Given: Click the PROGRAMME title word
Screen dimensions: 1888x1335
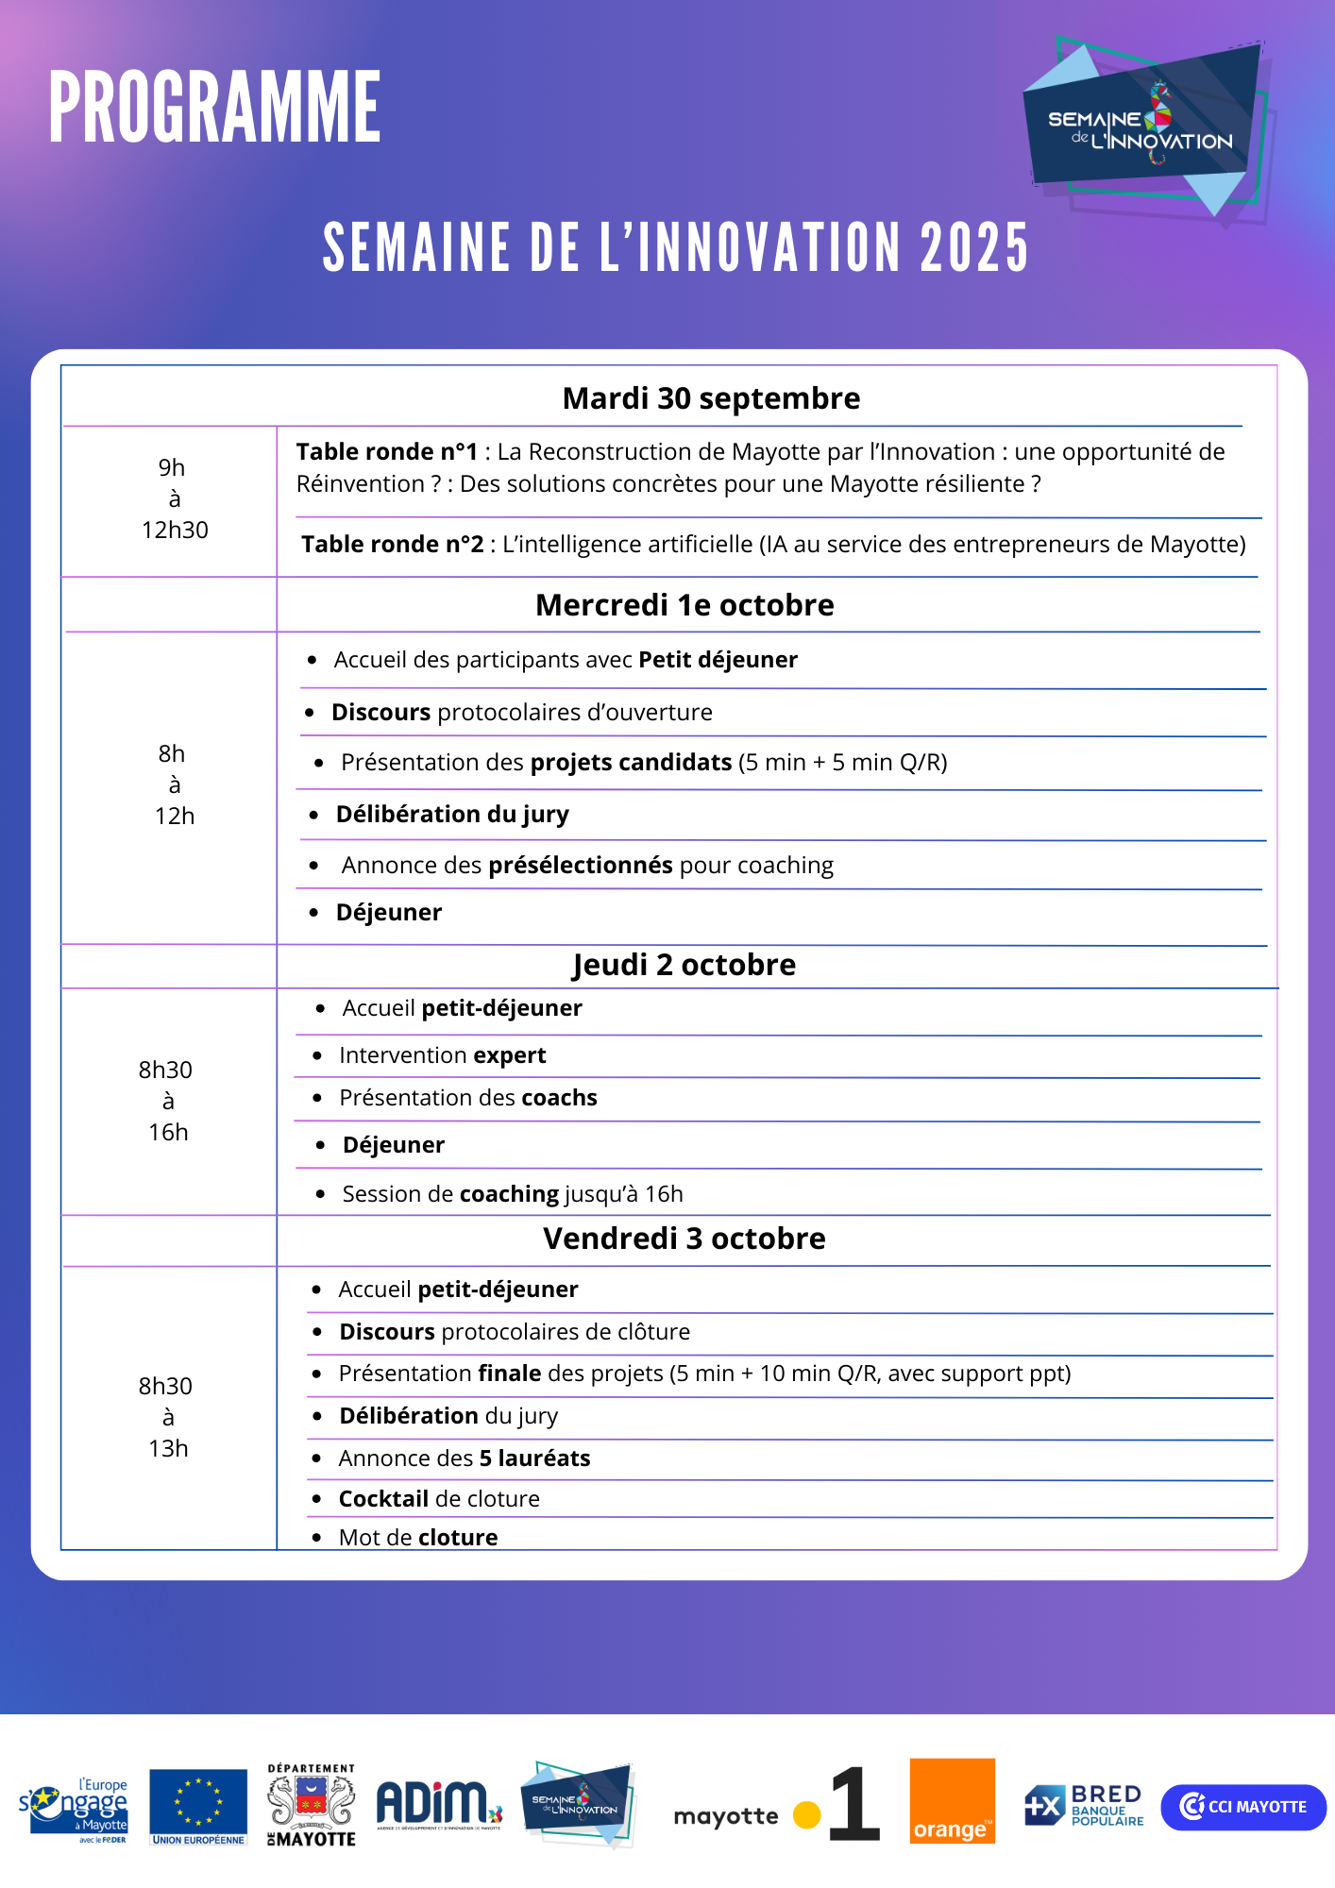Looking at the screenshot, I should [x=214, y=107].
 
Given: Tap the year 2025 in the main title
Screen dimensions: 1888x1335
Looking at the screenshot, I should [x=973, y=248].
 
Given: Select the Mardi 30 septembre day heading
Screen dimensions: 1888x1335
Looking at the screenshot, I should [x=711, y=398].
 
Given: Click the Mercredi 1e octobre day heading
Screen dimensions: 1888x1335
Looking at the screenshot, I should [x=684, y=605].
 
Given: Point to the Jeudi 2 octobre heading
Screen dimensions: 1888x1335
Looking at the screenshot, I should [x=684, y=965].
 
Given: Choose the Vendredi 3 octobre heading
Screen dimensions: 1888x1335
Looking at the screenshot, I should [x=684, y=1239].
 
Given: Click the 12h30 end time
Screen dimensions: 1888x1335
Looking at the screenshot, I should [x=175, y=530].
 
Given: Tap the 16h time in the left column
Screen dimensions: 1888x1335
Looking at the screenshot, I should [x=168, y=1132].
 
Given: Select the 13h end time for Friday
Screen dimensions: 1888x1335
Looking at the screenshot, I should [x=168, y=1448].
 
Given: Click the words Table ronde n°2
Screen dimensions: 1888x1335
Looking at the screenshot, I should [x=392, y=545].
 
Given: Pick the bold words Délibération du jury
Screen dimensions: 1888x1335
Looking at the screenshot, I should [x=452, y=814].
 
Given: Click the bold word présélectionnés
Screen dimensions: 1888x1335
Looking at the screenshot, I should [x=580, y=865].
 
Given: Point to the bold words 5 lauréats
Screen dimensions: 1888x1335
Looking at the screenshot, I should [x=534, y=1458].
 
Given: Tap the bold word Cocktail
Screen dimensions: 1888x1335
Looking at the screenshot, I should [x=383, y=1499].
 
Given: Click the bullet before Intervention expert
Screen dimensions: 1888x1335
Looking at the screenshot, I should [x=317, y=1055].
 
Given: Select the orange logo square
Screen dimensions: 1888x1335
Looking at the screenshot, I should [x=952, y=1800].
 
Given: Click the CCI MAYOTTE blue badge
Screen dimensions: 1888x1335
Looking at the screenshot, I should [x=1243, y=1807].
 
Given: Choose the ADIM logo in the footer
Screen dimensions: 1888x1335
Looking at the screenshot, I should [x=438, y=1804].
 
